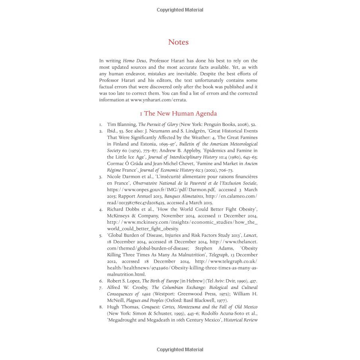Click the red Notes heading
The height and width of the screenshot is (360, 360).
click(x=178, y=42)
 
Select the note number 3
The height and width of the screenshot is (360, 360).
click(x=101, y=176)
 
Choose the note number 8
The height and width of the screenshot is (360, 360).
click(x=101, y=307)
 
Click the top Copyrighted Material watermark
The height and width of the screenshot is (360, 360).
click(x=180, y=10)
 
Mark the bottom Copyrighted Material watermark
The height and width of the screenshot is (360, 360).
click(x=180, y=350)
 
